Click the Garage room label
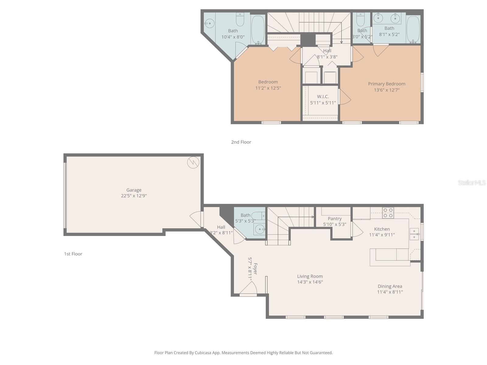pos(134,190)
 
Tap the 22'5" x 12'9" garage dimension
pos(134,196)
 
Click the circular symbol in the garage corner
pos(193,162)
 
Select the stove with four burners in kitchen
pos(388,213)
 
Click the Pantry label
pos(335,219)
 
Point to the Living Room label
pos(310,276)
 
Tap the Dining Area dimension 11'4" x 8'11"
pos(390,292)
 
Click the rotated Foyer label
pos(255,269)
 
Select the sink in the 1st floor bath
pos(259,229)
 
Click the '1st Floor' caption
pos(73,254)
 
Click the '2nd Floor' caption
pos(241,142)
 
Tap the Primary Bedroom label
pos(387,84)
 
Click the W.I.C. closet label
pos(323,97)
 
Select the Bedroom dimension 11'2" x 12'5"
pos(268,88)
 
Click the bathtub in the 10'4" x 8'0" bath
pos(258,30)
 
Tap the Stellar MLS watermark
pos(471,182)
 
